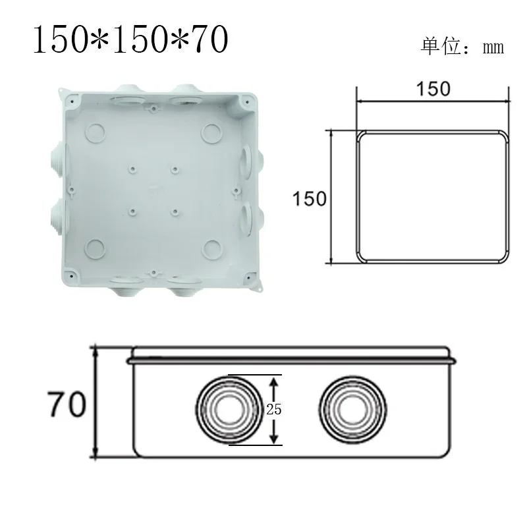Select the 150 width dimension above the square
(x=433, y=88)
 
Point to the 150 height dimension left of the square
(x=310, y=198)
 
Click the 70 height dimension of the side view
(x=66, y=404)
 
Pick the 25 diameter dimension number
(x=274, y=409)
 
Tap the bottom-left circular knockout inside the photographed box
(x=96, y=248)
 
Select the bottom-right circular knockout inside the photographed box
(x=212, y=248)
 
